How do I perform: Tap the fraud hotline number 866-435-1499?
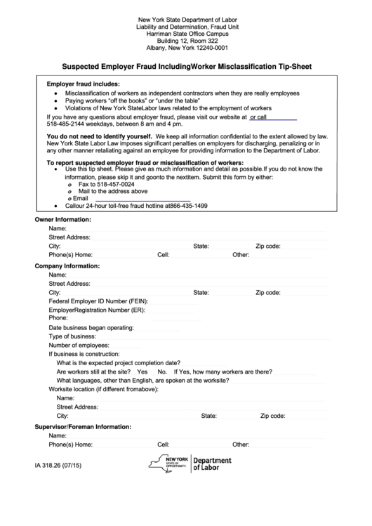(188, 206)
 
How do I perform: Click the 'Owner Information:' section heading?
(64, 220)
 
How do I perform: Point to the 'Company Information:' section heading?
(67, 266)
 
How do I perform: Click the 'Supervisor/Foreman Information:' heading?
(83, 426)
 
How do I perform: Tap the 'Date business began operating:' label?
(91, 328)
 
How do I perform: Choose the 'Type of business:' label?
(72, 336)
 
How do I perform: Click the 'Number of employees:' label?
(78, 346)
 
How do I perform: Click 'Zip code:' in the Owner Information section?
(268, 246)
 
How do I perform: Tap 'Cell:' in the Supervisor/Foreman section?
(164, 445)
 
